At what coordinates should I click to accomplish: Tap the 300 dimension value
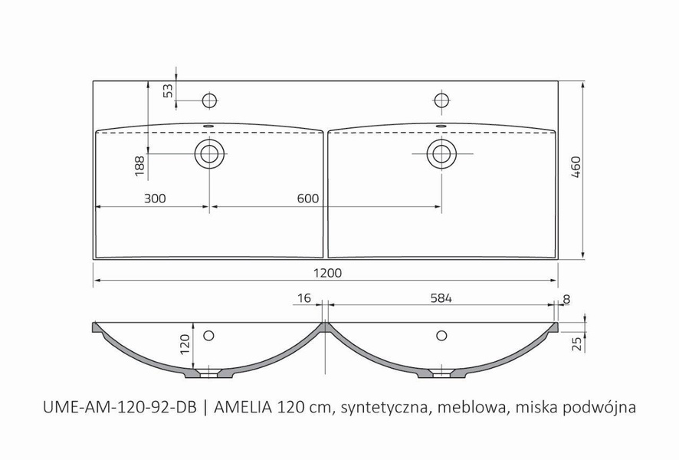point(155,199)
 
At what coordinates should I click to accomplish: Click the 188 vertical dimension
point(139,167)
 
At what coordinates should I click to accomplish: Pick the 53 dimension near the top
point(168,91)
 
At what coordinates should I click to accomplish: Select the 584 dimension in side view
point(441,297)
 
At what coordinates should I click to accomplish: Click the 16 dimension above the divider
point(304,297)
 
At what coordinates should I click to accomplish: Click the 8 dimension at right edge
point(566,297)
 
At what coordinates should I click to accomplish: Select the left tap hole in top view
point(208,100)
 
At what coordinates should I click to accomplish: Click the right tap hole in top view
point(441,100)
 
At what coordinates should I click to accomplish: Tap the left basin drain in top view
point(208,153)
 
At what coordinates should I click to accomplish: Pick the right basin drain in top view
point(441,153)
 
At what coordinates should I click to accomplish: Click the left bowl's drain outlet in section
point(208,374)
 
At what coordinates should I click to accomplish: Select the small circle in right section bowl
point(441,335)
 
